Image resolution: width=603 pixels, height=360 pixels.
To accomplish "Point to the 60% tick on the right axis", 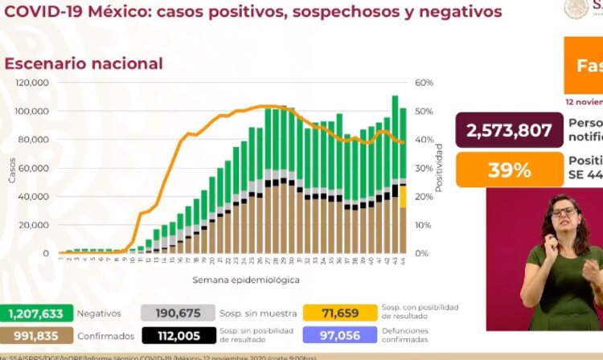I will coord(425,83).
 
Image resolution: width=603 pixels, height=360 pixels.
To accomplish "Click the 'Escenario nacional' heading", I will coord(84,63).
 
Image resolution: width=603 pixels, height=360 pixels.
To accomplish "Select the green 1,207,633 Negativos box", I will coord(36,313).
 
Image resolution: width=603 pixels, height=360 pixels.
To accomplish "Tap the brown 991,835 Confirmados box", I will coord(36,335).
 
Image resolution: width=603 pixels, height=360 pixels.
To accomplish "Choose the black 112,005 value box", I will coord(176,335).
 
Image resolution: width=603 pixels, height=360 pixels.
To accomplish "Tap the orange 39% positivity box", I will coord(509,170).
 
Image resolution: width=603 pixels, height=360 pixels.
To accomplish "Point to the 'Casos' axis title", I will coord(12,168).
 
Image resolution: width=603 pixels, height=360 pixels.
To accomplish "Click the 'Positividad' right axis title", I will coord(439,167).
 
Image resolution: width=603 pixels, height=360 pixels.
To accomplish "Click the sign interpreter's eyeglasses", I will coord(564,212).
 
